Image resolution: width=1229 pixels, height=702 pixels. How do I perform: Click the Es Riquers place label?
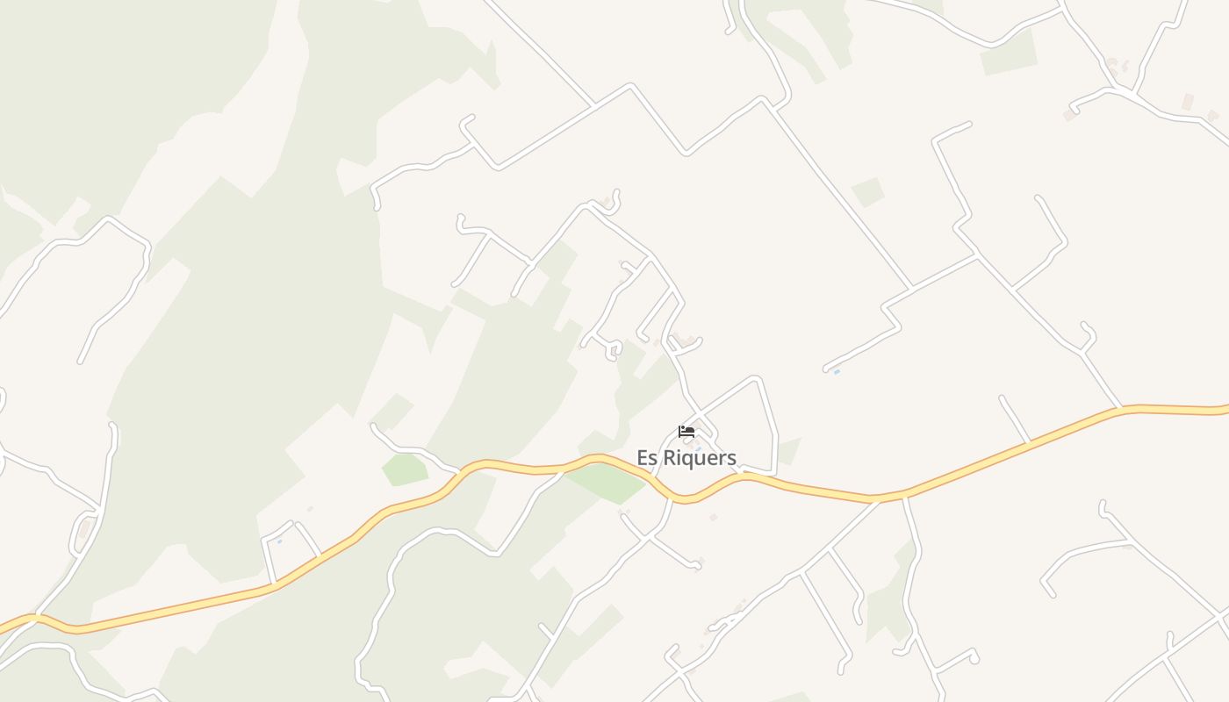pyautogui.click(x=686, y=457)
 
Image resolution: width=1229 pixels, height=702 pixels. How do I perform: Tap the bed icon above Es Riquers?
pyautogui.click(x=686, y=432)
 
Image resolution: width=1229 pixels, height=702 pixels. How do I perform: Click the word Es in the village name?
pyautogui.click(x=647, y=457)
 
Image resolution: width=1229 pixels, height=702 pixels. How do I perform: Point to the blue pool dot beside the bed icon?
pyautogui.click(x=698, y=448)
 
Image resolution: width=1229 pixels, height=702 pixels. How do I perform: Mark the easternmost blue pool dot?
pyautogui.click(x=837, y=372)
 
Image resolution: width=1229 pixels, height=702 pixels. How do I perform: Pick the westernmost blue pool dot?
pyautogui.click(x=279, y=541)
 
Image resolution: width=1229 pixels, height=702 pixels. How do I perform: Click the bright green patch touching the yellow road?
pyautogui.click(x=606, y=482)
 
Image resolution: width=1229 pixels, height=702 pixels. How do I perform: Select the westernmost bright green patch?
pyautogui.click(x=404, y=469)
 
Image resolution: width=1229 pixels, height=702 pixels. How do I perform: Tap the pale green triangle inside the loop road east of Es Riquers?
pyautogui.click(x=787, y=450)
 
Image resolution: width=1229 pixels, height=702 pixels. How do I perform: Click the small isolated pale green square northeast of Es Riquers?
pyautogui.click(x=867, y=192)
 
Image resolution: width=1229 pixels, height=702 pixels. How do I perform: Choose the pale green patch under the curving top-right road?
pyautogui.click(x=1008, y=54)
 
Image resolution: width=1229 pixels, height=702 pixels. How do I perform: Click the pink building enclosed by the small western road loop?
pyautogui.click(x=84, y=531)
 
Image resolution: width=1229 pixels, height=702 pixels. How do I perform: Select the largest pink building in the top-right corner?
pyautogui.click(x=1187, y=102)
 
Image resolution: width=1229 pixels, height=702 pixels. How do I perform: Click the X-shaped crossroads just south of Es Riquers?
pyautogui.click(x=649, y=537)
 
